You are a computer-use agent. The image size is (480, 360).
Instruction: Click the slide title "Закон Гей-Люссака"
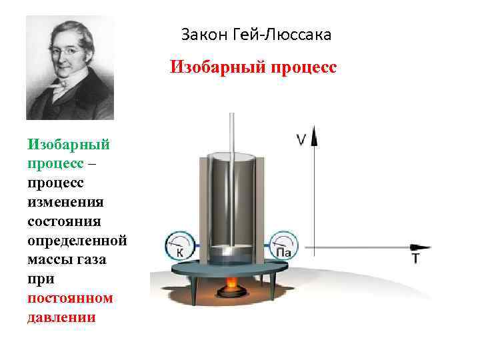point(256,34)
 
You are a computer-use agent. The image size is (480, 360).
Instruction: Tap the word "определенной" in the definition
point(77,239)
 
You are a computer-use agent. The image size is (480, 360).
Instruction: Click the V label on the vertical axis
point(301,139)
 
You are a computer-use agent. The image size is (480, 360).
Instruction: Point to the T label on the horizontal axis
point(415,259)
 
